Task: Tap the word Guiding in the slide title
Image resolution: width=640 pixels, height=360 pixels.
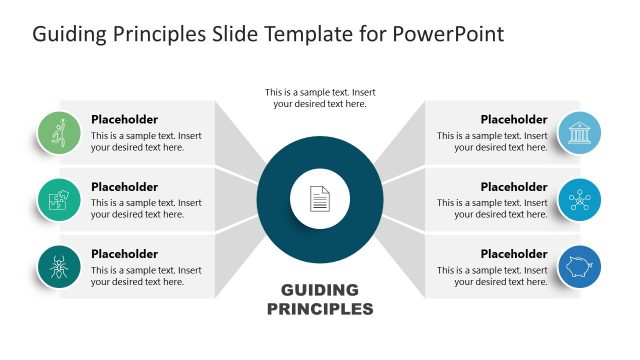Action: click(x=68, y=34)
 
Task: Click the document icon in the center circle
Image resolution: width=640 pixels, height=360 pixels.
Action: click(x=319, y=199)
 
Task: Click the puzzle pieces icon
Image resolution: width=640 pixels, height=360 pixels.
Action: click(x=59, y=200)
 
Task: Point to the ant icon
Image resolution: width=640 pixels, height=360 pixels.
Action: click(x=59, y=266)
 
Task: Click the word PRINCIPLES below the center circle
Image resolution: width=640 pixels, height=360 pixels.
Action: click(x=320, y=309)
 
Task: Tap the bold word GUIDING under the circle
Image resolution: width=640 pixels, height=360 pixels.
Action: click(x=320, y=290)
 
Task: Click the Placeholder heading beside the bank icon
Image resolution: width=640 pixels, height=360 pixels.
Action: click(x=514, y=119)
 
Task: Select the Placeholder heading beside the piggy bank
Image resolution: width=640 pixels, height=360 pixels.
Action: click(x=514, y=254)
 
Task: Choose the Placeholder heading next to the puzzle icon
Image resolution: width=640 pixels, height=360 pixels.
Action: click(x=124, y=186)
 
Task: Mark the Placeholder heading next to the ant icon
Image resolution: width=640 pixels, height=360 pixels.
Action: click(x=124, y=254)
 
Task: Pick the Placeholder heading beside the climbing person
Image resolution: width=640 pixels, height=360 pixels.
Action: click(x=124, y=119)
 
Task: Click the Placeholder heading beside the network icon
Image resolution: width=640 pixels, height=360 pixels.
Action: click(x=514, y=186)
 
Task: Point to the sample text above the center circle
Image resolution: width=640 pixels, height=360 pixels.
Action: click(x=320, y=98)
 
